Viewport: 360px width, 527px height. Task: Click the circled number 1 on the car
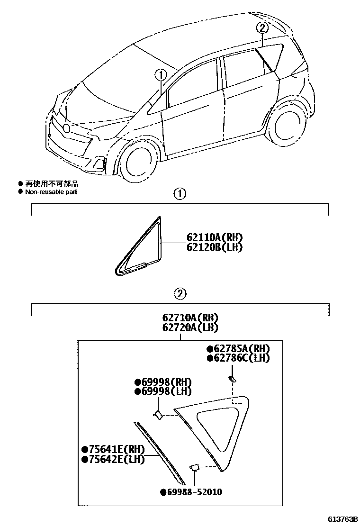tap(161, 74)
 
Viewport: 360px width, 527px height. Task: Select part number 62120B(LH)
tap(210, 247)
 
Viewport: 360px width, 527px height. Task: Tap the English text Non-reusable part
tap(51, 192)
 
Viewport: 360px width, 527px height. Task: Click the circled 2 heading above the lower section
tap(180, 294)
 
